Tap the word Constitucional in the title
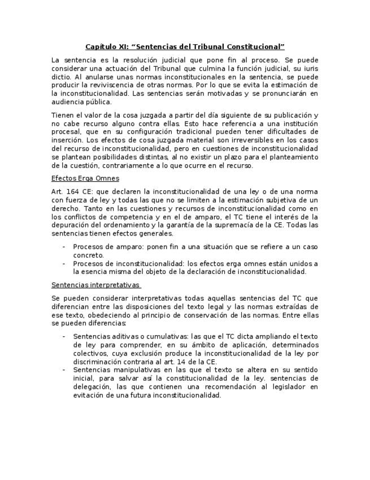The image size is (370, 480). pos(255,46)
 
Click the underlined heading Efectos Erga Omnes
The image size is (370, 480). pos(85,179)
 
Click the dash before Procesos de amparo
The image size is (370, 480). pos(64,247)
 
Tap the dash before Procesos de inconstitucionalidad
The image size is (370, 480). pos(64,263)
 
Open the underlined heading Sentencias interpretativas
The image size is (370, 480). pos(95,285)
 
